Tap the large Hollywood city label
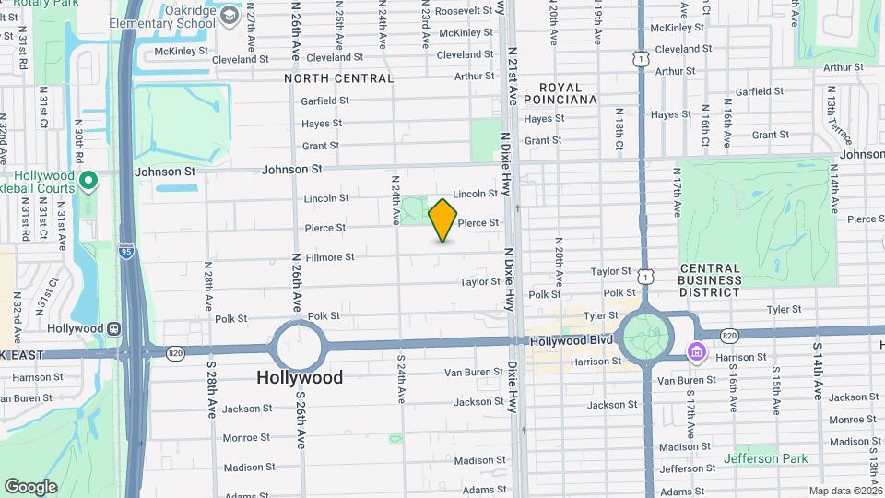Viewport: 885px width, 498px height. [x=299, y=377]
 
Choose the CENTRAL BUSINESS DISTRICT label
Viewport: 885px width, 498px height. [x=710, y=280]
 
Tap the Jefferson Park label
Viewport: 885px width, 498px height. [x=765, y=458]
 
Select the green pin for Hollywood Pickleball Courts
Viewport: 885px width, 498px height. [x=88, y=180]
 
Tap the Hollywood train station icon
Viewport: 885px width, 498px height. [x=113, y=328]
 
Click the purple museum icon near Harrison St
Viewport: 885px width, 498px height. [x=695, y=352]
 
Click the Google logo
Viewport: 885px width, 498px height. [x=30, y=487]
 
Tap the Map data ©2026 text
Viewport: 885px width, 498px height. [x=844, y=491]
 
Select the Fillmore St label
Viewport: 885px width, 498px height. [x=330, y=257]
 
